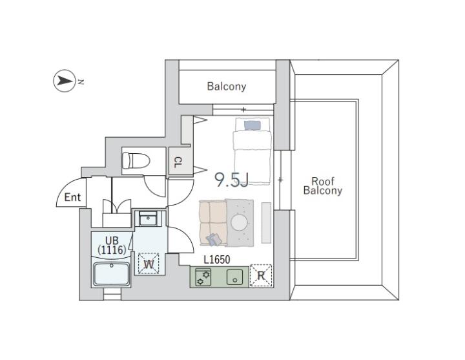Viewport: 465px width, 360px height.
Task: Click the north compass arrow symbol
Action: [x=64, y=81]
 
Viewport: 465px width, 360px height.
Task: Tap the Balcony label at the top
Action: [x=226, y=86]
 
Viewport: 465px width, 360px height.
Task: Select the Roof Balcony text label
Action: [x=322, y=186]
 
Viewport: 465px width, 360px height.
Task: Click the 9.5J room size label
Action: [x=231, y=179]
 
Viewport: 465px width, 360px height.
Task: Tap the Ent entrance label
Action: [x=72, y=197]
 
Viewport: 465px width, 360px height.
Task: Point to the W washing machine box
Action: [x=148, y=263]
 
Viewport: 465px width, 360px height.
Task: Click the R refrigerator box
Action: [x=260, y=275]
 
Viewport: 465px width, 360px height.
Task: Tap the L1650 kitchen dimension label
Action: [x=217, y=260]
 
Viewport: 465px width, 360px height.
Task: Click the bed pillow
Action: [x=252, y=125]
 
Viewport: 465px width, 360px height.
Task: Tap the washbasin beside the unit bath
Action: [x=149, y=218]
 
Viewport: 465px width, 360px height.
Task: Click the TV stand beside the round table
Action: [x=265, y=222]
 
